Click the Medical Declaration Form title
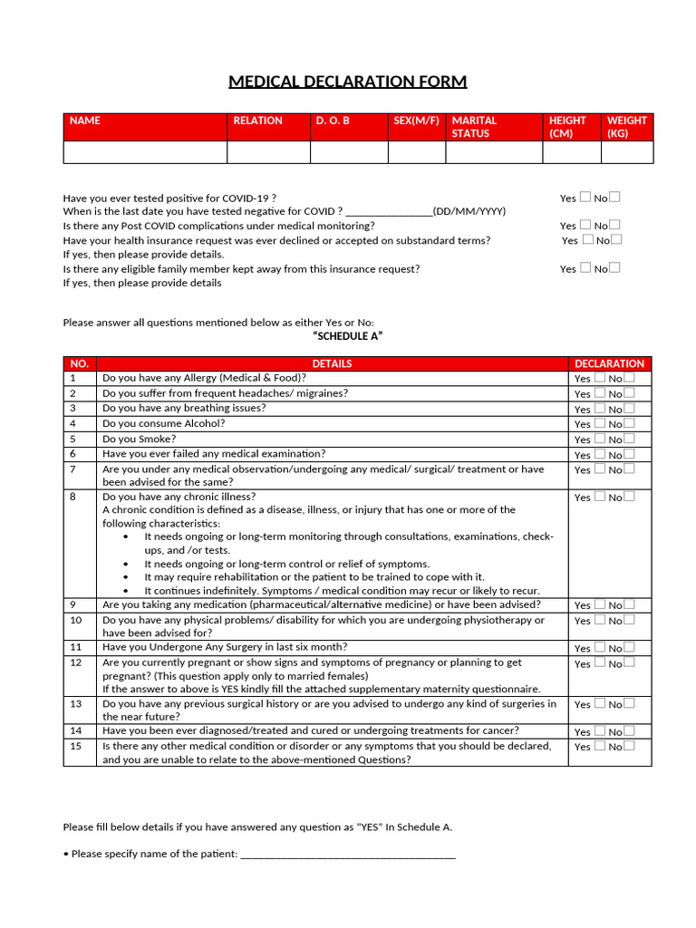[348, 82]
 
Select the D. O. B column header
[332, 121]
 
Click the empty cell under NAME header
[144, 152]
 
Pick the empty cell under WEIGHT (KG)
[628, 152]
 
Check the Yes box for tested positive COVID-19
[585, 197]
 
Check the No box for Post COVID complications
[615, 225]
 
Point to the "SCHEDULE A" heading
[347, 336]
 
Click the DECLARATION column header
[609, 363]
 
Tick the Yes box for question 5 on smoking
[599, 439]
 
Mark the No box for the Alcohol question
[629, 423]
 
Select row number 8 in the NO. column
[73, 497]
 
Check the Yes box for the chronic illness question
[599, 497]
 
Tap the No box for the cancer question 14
[629, 730]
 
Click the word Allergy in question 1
[200, 378]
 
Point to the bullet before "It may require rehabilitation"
[125, 577]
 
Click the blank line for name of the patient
[348, 855]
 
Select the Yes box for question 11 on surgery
[599, 647]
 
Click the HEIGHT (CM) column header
[567, 127]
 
